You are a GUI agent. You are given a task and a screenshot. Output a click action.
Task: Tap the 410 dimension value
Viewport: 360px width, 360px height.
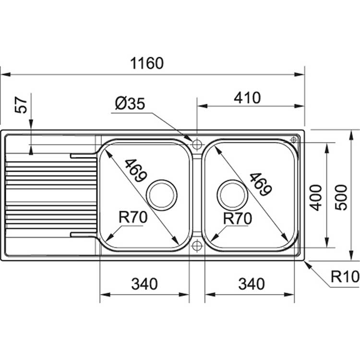pos(247,98)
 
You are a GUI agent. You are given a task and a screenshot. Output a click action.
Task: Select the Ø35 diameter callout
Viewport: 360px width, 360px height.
pos(130,104)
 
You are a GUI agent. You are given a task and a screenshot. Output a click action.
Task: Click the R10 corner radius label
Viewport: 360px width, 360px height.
pos(345,276)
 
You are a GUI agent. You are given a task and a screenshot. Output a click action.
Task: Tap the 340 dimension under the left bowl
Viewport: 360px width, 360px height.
pos(144,284)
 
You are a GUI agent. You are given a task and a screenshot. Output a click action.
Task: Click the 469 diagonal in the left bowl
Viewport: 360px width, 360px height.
pos(135,170)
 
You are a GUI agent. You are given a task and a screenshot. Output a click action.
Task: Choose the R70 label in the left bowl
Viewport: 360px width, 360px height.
pos(133,218)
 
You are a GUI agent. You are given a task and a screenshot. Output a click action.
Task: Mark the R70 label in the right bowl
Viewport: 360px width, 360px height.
pos(238,218)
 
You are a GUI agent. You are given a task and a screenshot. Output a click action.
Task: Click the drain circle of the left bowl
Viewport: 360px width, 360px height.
pos(162,193)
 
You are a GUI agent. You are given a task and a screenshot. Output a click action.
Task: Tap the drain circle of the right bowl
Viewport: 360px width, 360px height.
pos(232,193)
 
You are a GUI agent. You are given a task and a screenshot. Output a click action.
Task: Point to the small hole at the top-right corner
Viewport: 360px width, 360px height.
pos(294,139)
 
